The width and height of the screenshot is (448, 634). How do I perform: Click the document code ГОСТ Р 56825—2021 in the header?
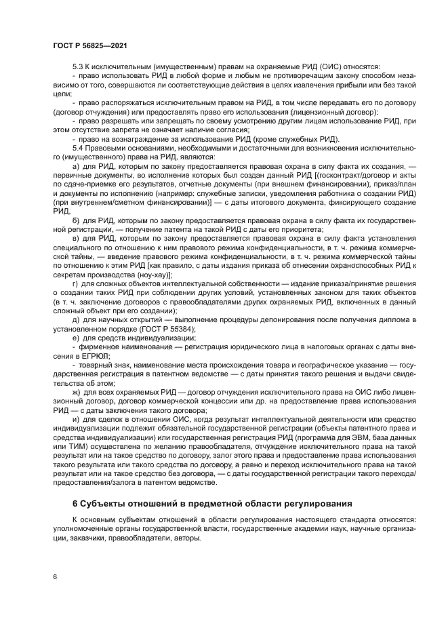click(90, 45)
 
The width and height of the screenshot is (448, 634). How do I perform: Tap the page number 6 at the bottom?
click(54, 576)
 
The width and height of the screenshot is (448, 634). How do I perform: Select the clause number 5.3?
click(77, 66)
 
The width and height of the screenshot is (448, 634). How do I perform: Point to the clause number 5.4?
click(77, 146)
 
